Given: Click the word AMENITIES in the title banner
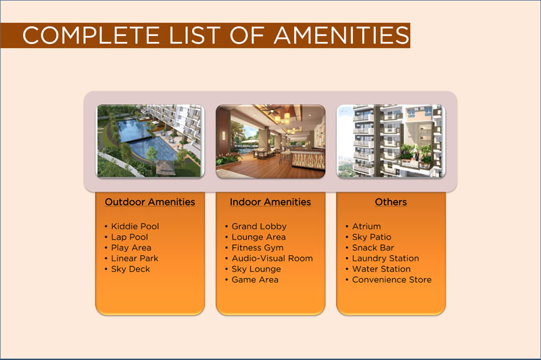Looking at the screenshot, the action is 342,35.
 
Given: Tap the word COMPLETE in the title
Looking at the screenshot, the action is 91,35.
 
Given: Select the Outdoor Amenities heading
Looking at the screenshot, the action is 149,202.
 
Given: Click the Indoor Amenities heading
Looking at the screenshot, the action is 270,202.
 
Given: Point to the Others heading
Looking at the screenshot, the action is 391,202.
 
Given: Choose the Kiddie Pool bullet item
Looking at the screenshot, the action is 135,227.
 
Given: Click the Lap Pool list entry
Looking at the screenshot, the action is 129,237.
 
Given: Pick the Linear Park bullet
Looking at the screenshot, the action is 135,258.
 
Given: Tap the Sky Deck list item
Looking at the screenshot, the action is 131,269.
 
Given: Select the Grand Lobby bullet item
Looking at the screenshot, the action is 259,227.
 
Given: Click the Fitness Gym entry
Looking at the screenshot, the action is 258,248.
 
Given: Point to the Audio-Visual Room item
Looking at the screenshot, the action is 273,258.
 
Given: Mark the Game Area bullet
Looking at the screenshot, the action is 255,279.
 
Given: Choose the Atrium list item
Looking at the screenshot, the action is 367,227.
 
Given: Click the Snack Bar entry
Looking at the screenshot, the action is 373,248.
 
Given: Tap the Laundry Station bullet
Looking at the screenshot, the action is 385,258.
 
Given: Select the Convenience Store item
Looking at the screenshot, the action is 392,279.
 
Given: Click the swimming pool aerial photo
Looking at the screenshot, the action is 150,141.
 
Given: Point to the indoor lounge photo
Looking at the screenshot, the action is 270,141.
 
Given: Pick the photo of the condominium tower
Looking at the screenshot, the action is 391,141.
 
